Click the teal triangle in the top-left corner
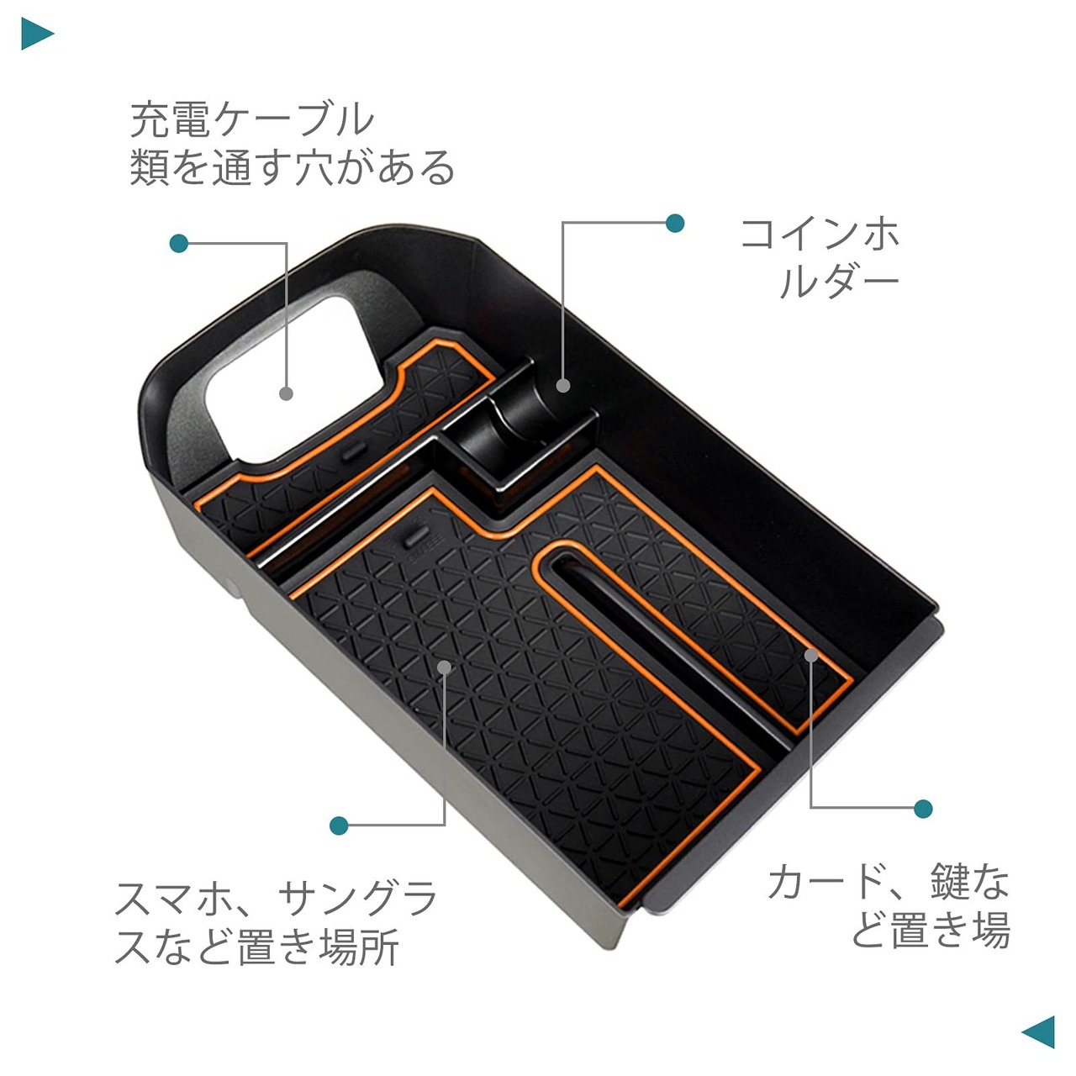(x=36, y=34)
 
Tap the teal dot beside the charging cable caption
(x=178, y=244)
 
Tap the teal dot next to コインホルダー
(x=674, y=223)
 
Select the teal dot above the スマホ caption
(x=339, y=825)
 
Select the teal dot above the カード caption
(x=923, y=809)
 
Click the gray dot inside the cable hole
(x=286, y=393)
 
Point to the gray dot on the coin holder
(x=563, y=386)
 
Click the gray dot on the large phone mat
(x=445, y=667)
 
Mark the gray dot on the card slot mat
(x=810, y=654)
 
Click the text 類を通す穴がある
(x=292, y=167)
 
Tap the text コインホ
(x=820, y=234)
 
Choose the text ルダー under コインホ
(x=838, y=283)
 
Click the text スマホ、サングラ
(x=277, y=899)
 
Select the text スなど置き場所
(x=256, y=948)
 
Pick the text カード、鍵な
(x=888, y=882)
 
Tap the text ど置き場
(x=930, y=931)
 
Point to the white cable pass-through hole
(x=286, y=370)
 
